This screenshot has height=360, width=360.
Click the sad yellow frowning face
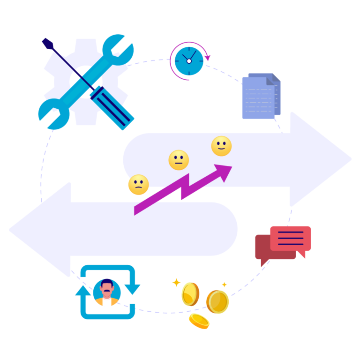point(138,185)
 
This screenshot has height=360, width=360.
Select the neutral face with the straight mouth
point(179,160)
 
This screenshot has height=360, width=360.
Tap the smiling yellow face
point(221,146)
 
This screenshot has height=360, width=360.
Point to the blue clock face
point(189,61)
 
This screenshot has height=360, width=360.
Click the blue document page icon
point(258,98)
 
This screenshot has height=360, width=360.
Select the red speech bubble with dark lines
point(290,238)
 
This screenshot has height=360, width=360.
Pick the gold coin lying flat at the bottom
point(199,321)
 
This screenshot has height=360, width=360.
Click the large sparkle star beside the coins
point(176,283)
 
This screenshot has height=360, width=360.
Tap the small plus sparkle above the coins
point(224,285)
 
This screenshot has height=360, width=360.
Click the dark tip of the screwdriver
point(46,43)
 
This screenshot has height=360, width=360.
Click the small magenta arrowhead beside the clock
point(208,58)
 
